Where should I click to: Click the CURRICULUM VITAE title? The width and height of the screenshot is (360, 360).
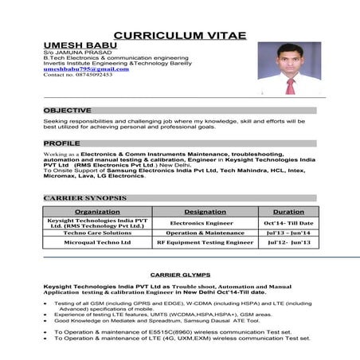tap(179, 36)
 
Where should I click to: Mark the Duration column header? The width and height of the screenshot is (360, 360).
tap(288, 212)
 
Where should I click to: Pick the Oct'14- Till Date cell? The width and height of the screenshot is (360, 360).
tap(289, 223)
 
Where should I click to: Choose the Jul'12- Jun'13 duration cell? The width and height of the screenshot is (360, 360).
tap(289, 241)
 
